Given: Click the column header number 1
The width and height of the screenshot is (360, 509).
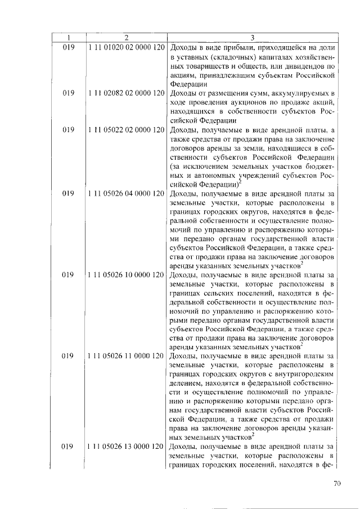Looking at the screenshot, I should pyautogui.click(x=69, y=38).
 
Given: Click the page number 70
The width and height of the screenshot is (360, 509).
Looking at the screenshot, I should pyautogui.click(x=337, y=483).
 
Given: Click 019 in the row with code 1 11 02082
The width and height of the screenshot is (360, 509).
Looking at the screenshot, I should pyautogui.click(x=69, y=92).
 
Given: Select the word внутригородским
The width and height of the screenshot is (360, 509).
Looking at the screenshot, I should pyautogui.click(x=308, y=374).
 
